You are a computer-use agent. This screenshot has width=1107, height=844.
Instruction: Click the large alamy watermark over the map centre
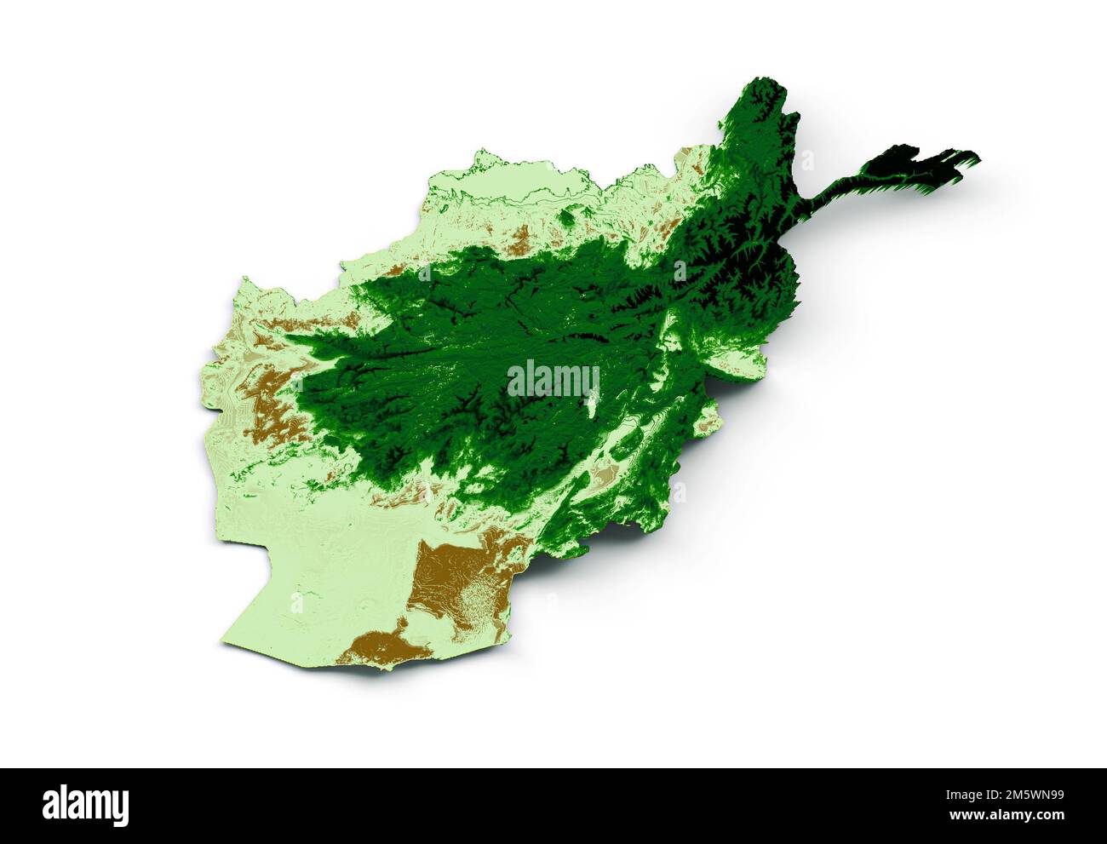point(553,381)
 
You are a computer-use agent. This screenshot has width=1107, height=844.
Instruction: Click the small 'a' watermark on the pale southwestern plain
point(296,604)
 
